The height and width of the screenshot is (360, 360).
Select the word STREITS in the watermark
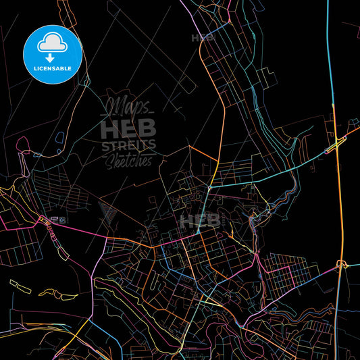coord(128,145)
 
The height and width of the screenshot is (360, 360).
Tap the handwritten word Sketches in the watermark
coord(129,159)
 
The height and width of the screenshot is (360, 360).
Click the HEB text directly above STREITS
coord(128,127)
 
